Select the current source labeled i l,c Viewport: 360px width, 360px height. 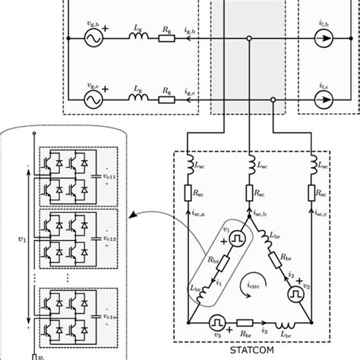tap(324, 99)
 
